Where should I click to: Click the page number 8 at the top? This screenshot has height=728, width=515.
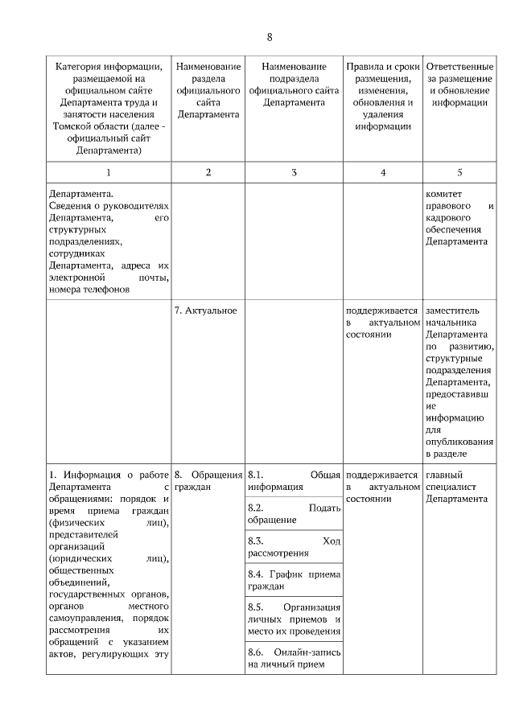[270, 37]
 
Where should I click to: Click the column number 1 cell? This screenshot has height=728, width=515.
[109, 172]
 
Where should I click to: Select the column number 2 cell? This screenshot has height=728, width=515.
[208, 172]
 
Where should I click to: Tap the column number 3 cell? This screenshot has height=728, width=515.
[294, 172]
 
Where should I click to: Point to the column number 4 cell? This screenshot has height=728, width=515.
[383, 172]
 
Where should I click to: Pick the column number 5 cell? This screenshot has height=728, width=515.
[459, 172]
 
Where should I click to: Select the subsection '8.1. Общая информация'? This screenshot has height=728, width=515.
[294, 480]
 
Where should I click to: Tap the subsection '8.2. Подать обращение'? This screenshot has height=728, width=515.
[294, 513]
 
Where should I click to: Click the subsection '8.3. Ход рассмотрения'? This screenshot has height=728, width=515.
[294, 546]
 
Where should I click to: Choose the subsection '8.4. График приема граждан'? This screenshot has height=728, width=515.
[294, 580]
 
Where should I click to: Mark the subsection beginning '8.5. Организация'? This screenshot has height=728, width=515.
[294, 619]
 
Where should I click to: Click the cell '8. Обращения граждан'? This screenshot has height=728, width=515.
[208, 480]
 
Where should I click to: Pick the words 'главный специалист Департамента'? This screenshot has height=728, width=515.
[456, 486]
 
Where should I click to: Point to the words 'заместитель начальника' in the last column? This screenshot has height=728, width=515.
[456, 316]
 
